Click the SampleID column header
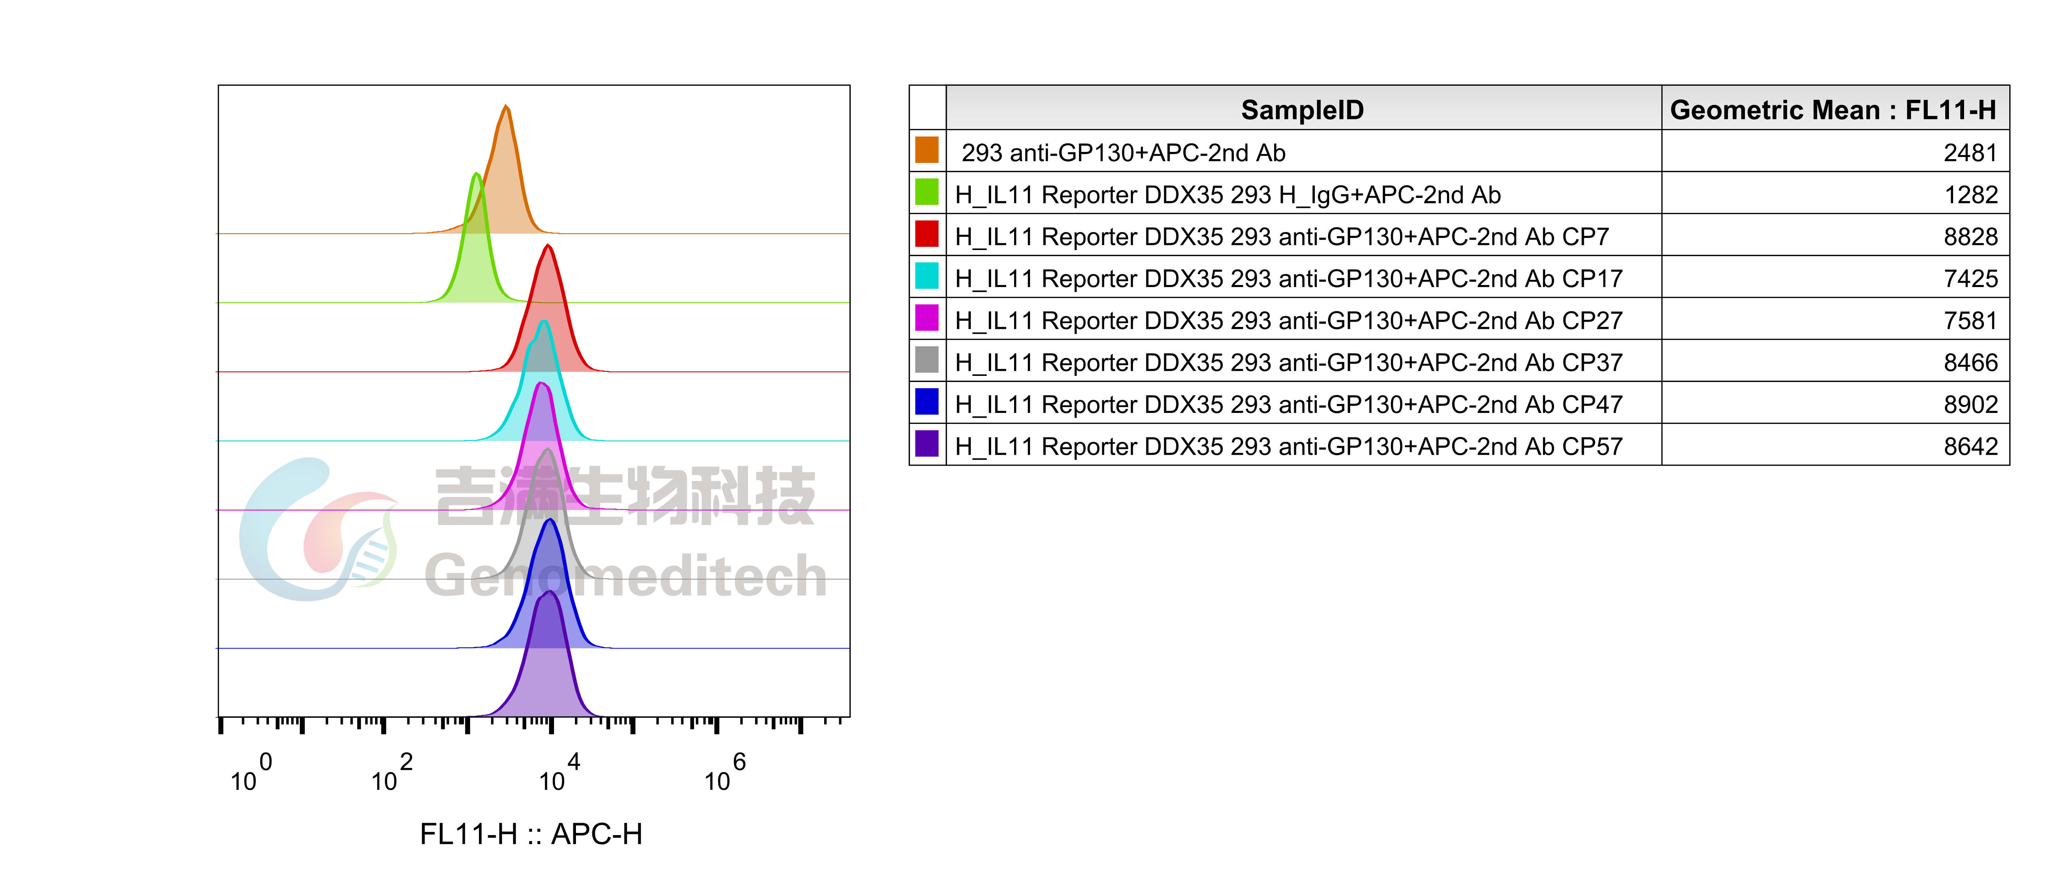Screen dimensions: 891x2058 (x=1302, y=109)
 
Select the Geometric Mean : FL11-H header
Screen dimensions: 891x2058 (x=1833, y=109)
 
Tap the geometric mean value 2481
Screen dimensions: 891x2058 (x=1970, y=153)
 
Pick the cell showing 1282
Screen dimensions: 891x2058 (x=1970, y=195)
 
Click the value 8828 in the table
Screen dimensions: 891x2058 (x=1970, y=237)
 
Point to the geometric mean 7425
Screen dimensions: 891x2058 (x=1970, y=279)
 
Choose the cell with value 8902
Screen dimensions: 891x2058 (x=1970, y=404)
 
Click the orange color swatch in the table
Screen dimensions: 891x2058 (x=927, y=150)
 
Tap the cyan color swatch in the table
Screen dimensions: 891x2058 (x=927, y=276)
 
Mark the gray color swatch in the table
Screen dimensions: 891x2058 (x=927, y=360)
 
